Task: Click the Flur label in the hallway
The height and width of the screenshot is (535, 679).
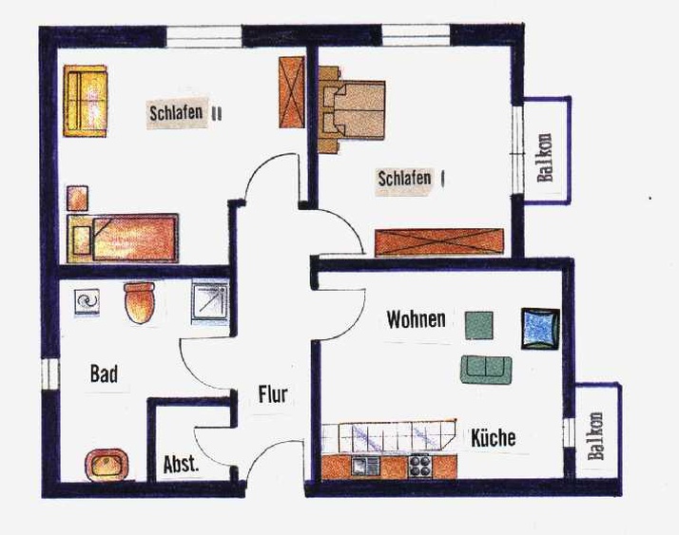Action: pyautogui.click(x=273, y=394)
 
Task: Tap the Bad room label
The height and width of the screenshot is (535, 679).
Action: pyautogui.click(x=104, y=373)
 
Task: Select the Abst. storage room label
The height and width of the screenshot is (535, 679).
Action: pyautogui.click(x=181, y=465)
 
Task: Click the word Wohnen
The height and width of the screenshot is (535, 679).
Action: pyautogui.click(x=417, y=319)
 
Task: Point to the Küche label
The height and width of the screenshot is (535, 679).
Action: pyautogui.click(x=494, y=438)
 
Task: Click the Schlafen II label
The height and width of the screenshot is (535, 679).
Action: pyautogui.click(x=185, y=113)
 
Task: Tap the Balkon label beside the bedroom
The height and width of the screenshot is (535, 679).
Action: pyautogui.click(x=545, y=158)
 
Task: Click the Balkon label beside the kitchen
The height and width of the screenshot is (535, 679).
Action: pyautogui.click(x=595, y=436)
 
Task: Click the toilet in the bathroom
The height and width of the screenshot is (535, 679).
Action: pyautogui.click(x=140, y=302)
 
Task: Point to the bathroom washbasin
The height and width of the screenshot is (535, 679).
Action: pyautogui.click(x=107, y=465)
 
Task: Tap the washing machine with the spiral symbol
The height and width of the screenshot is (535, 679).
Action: pyautogui.click(x=87, y=301)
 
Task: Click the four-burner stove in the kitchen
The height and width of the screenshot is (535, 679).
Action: pyautogui.click(x=420, y=466)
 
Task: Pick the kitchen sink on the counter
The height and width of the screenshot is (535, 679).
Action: pyautogui.click(x=365, y=466)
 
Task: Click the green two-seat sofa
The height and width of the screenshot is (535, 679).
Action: pyautogui.click(x=486, y=370)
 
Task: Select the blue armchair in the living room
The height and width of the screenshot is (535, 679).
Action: pyautogui.click(x=540, y=329)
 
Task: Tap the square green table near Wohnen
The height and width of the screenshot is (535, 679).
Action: pyautogui.click(x=479, y=326)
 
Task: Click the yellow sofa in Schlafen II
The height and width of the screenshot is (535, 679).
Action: pyautogui.click(x=85, y=101)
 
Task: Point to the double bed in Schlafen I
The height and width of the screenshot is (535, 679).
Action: pyautogui.click(x=352, y=110)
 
